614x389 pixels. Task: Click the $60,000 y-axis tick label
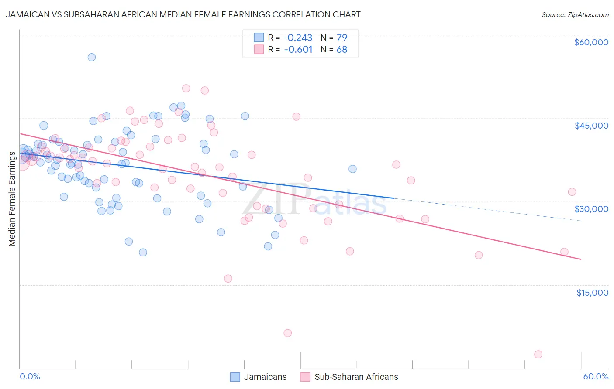[591, 42]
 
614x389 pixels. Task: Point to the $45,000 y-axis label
[591, 126]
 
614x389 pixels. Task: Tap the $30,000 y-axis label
[591, 209]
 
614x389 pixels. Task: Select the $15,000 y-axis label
[592, 293]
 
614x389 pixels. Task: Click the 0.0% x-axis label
[30, 376]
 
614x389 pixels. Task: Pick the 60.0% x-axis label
[596, 376]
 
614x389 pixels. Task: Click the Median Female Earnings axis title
[12, 199]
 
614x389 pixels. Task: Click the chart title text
[183, 14]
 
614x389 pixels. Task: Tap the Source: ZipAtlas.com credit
[575, 15]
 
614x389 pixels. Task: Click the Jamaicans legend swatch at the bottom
[235, 377]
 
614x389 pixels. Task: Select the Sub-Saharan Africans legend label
[356, 377]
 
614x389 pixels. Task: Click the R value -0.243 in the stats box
[298, 38]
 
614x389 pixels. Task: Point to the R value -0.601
[298, 49]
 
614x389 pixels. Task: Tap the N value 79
[341, 38]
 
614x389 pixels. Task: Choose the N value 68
[341, 49]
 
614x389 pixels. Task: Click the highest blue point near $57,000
[92, 57]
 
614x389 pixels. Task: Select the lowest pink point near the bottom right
[538, 354]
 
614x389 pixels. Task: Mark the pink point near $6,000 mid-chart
[287, 333]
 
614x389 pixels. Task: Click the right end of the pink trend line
[581, 259]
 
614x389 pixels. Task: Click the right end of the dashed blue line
[581, 221]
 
